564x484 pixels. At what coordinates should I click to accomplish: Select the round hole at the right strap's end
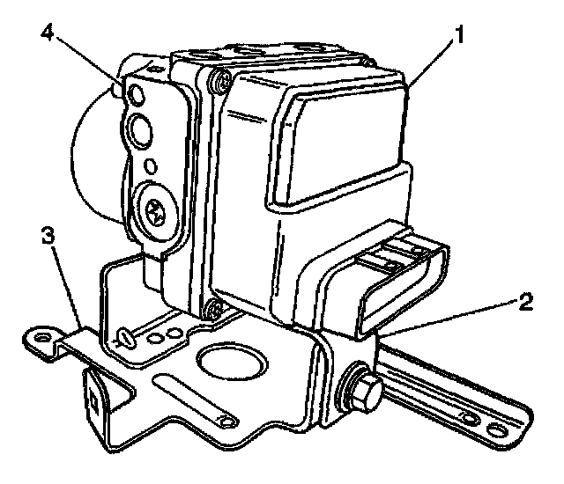(x=499, y=429)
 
